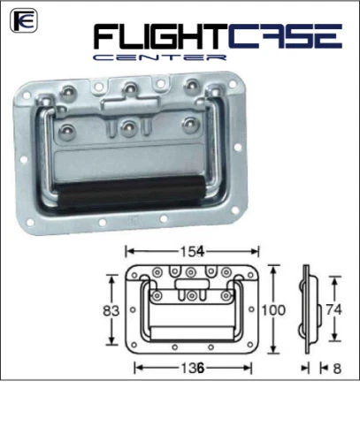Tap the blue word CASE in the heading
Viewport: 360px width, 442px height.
coord(286,37)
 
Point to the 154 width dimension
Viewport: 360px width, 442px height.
coord(192,250)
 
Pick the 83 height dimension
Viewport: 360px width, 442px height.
coord(111,310)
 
